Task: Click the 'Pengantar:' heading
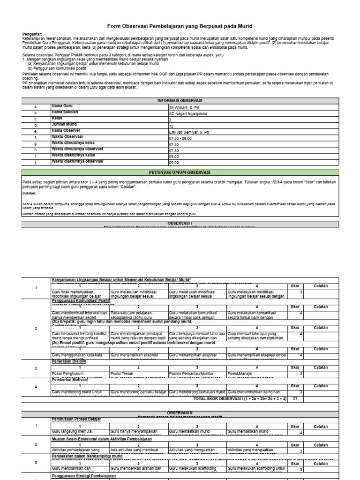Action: pos(32,34)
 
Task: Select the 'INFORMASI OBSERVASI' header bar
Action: pos(180,101)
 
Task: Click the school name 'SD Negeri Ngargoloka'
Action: pos(187,113)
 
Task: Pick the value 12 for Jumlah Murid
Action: pos(171,126)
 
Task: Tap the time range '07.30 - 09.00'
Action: pos(180,138)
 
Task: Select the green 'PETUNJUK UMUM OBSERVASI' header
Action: pos(180,172)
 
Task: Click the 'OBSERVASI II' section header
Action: pos(180,412)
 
